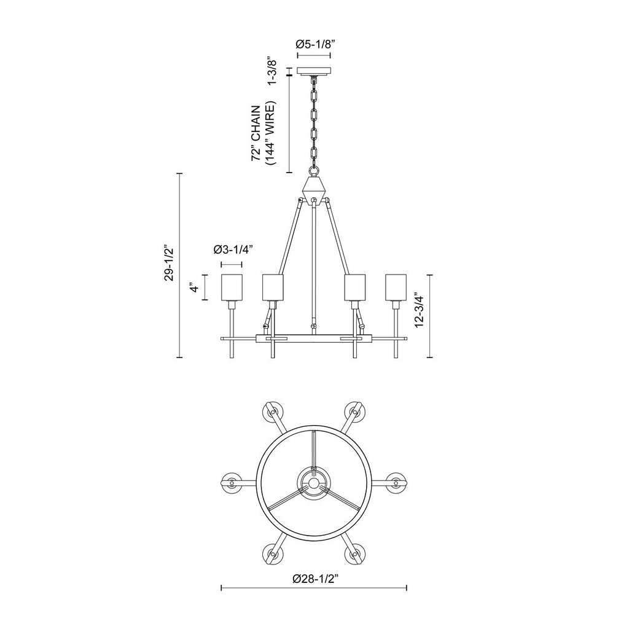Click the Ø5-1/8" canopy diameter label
[x=314, y=44]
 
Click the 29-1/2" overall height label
[x=166, y=265]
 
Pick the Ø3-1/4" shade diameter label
[x=233, y=249]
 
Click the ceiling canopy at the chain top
[x=314, y=71]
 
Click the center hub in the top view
[x=314, y=483]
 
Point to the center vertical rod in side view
[x=314, y=264]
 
